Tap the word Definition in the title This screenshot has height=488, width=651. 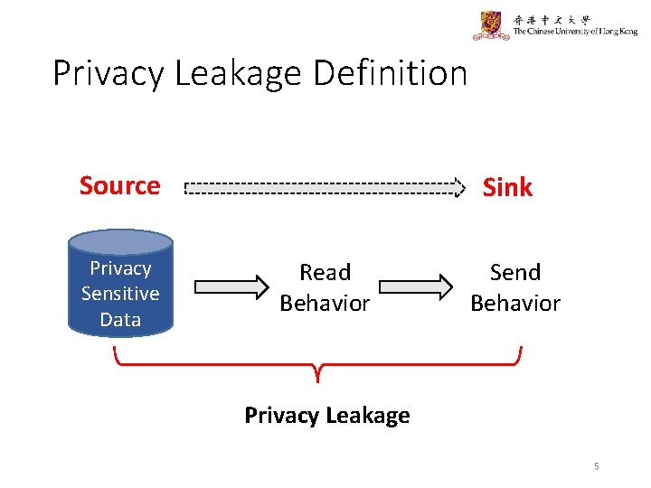point(391,73)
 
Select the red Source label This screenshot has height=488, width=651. point(119,185)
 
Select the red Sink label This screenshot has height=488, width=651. point(507,187)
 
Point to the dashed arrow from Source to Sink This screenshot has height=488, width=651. point(324,190)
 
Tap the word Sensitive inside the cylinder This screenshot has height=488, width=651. point(120,294)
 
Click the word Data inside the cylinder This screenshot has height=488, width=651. point(120,319)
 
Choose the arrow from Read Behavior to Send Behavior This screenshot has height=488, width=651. point(415,287)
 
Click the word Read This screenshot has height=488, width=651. point(325,272)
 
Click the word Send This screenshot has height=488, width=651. point(515,272)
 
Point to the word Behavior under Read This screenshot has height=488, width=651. point(325,303)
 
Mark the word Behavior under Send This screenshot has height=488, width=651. point(515,303)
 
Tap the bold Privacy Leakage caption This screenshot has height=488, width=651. point(326,415)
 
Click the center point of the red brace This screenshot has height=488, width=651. point(317,371)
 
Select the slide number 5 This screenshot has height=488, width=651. point(597,466)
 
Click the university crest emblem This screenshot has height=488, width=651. point(491,25)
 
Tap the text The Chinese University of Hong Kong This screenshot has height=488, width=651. point(575,32)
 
